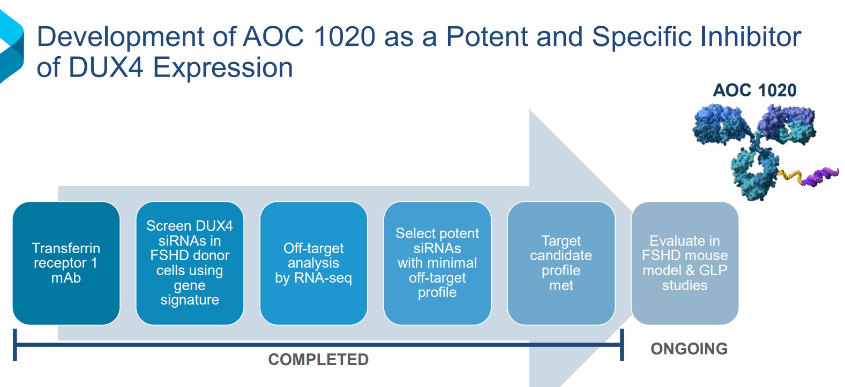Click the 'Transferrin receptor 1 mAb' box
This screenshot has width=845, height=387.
point(66,263)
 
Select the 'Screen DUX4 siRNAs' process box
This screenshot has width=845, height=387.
point(190,263)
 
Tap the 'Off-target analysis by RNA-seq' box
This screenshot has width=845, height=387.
point(313,263)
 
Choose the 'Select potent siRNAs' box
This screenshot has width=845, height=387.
point(437,263)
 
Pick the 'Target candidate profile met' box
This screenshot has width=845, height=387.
point(561,263)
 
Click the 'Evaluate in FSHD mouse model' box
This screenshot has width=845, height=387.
point(685,263)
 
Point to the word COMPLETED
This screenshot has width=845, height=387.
point(318,360)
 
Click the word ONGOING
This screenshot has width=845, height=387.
point(689,349)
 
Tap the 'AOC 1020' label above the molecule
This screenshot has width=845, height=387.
point(754,90)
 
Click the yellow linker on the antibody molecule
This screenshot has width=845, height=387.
point(790,176)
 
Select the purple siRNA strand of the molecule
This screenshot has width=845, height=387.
point(820,176)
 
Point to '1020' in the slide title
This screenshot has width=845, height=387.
point(345,36)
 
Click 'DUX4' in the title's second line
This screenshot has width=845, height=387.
point(106,68)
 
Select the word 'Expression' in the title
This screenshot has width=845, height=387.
point(222,69)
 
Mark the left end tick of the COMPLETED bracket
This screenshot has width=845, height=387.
point(14,345)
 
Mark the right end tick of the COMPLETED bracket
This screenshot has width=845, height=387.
point(622,345)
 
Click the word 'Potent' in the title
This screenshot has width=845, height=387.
point(487,36)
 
